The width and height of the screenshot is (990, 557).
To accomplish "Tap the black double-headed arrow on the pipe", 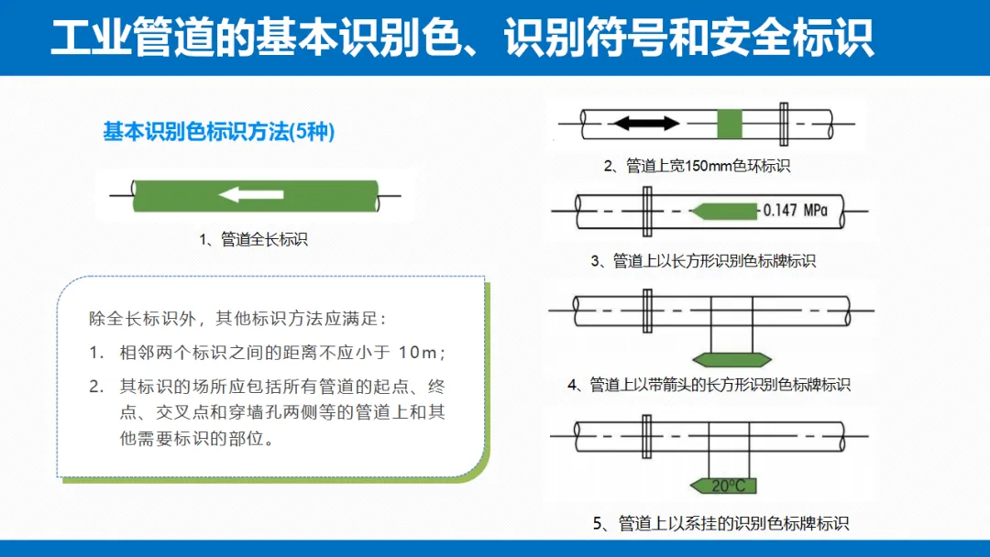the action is (645, 123).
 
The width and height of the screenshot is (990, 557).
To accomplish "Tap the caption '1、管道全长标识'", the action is (253, 239).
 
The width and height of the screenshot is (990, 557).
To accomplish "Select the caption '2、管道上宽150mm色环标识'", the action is (697, 166).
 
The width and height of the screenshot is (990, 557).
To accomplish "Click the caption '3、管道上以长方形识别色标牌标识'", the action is (703, 261).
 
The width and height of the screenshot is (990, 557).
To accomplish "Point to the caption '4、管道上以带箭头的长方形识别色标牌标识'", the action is (709, 385).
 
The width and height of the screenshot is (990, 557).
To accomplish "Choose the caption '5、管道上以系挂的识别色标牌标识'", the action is (720, 524).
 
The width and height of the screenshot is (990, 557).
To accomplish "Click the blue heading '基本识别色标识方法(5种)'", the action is (219, 132).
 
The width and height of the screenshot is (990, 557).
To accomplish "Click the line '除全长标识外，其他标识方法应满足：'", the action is (238, 320).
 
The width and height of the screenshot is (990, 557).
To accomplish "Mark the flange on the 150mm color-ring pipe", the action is (784, 124).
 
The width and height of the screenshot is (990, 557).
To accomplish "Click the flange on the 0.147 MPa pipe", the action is (648, 211).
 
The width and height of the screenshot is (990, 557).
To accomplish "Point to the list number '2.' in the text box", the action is (97, 387).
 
